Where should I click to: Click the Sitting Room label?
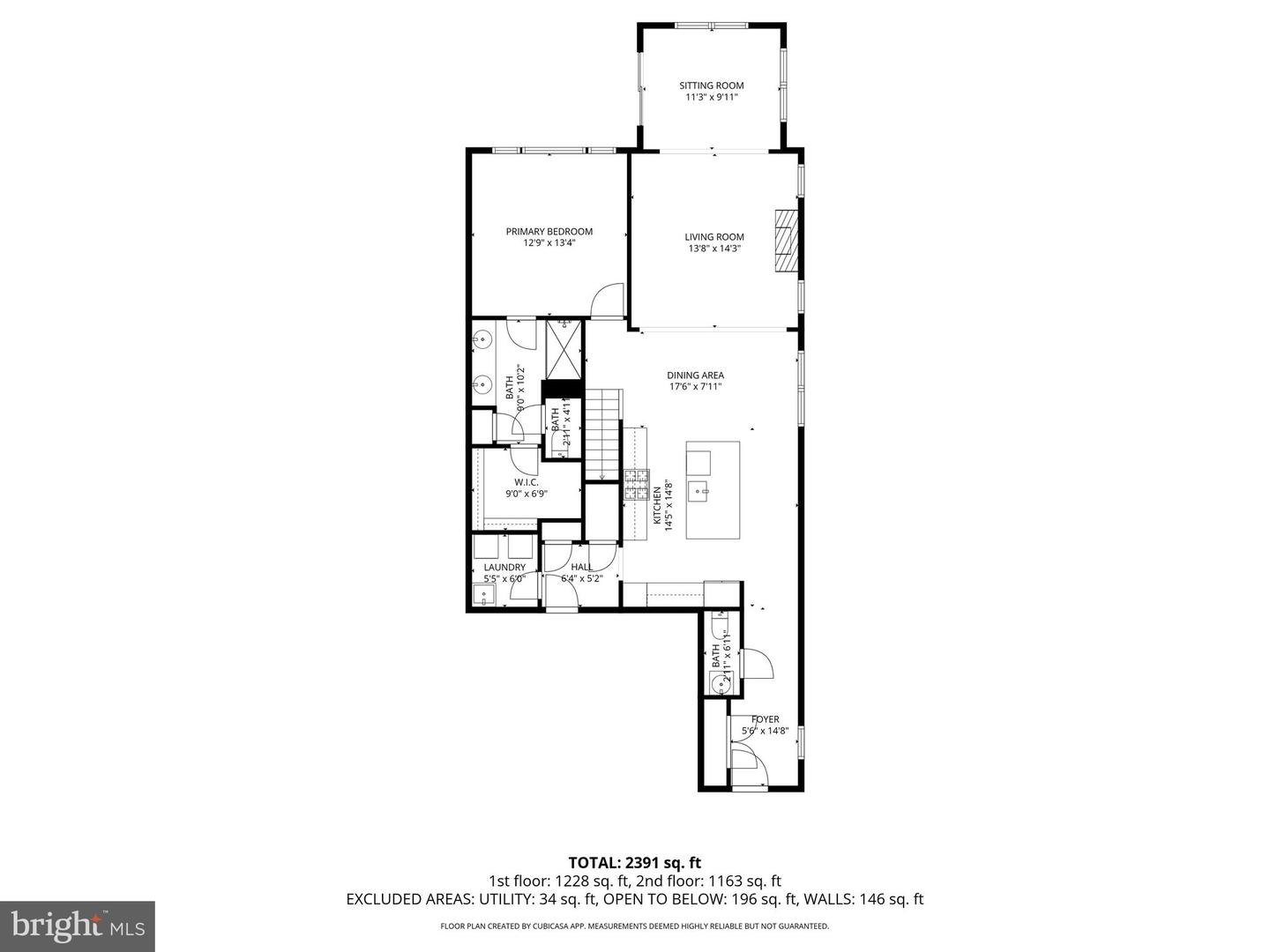click(x=711, y=86)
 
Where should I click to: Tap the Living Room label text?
click(x=714, y=236)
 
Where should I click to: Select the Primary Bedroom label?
click(x=549, y=231)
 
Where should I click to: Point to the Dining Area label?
click(x=695, y=375)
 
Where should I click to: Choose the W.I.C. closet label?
click(x=527, y=482)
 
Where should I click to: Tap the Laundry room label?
click(x=504, y=567)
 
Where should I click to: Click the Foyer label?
click(x=765, y=719)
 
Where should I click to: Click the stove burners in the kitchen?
click(x=637, y=486)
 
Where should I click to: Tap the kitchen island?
click(x=713, y=489)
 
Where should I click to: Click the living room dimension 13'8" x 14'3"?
click(x=714, y=249)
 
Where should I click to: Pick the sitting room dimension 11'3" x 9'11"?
click(x=711, y=97)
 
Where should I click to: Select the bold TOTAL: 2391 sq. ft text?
click(x=634, y=862)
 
